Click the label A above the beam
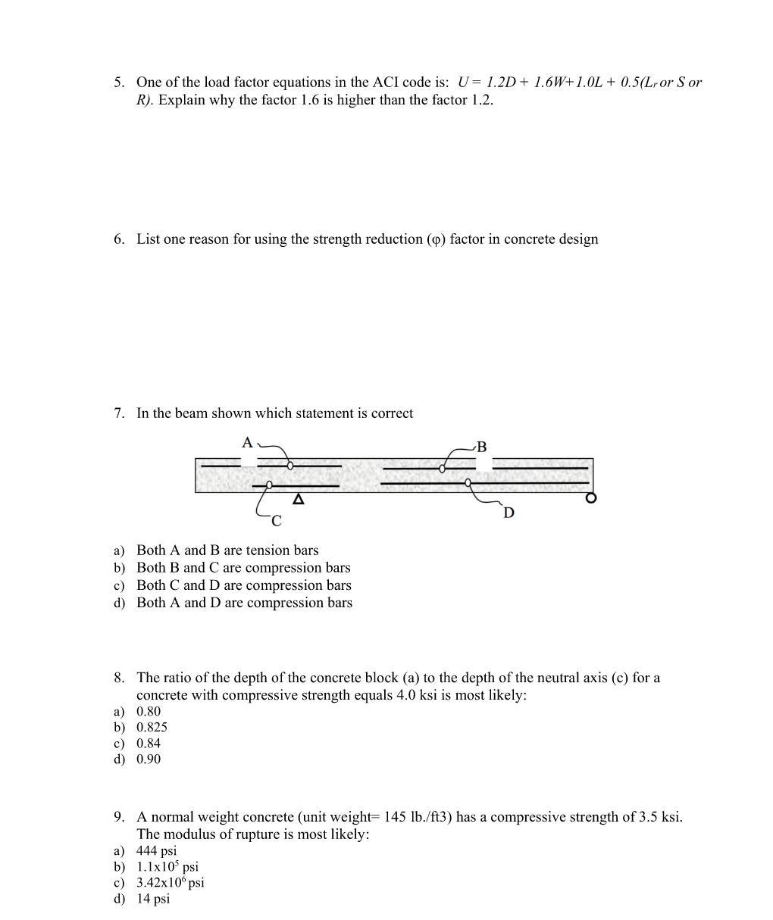pyautogui.click(x=247, y=442)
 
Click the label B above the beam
pyautogui.click(x=481, y=447)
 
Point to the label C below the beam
pyautogui.click(x=276, y=521)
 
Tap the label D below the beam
pyautogui.click(x=509, y=513)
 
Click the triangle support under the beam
pyautogui.click(x=299, y=499)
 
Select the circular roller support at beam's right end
pyautogui.click(x=591, y=498)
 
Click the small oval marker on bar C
pyautogui.click(x=269, y=485)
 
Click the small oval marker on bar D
pyautogui.click(x=468, y=482)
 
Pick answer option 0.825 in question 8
pyautogui.click(x=152, y=727)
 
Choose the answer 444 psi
pyautogui.click(x=156, y=850)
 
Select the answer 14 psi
pyautogui.click(x=153, y=899)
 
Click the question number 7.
pyautogui.click(x=119, y=413)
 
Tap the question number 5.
pyautogui.click(x=119, y=82)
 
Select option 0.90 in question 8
pyautogui.click(x=149, y=759)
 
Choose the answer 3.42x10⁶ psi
pyautogui.click(x=170, y=883)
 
